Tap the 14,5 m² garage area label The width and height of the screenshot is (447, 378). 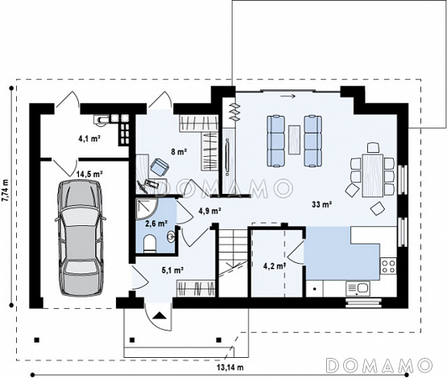tap(89, 174)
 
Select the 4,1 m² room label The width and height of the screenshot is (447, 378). tap(89, 138)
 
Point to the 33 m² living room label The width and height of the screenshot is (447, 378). tap(321, 203)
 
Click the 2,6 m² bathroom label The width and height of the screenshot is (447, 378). tap(156, 224)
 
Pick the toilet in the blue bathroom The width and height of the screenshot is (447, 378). tap(150, 244)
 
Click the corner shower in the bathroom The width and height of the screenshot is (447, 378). tap(147, 209)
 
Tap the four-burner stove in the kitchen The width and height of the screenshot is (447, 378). tap(388, 266)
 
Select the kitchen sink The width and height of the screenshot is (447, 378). tap(358, 288)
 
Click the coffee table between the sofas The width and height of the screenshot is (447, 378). tap(294, 140)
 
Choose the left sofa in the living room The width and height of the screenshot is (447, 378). tap(276, 141)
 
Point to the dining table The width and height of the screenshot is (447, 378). tap(372, 175)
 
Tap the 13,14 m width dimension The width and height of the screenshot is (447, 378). tap(230, 368)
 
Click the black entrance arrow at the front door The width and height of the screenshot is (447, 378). tap(159, 315)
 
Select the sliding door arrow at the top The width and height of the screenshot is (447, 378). tap(288, 97)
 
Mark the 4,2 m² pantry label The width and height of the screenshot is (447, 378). tap(275, 266)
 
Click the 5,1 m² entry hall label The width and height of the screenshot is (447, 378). tap(172, 270)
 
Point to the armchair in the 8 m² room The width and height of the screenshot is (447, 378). tap(159, 166)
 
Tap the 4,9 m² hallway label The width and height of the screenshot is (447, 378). tap(210, 211)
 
